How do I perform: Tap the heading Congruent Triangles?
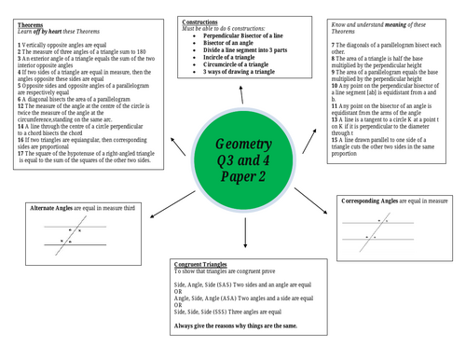tap(205, 267)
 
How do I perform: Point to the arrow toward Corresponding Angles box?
tap(322, 197)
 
